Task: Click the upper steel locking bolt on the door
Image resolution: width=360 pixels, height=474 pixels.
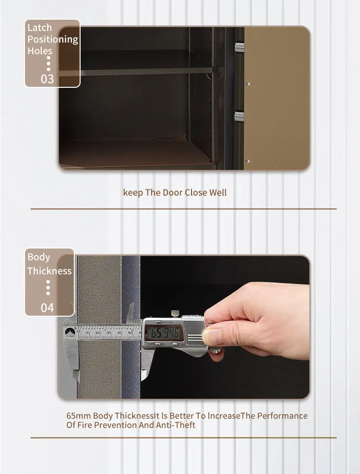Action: pos(239,47)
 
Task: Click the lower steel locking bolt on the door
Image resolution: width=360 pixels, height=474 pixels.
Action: pos(239,116)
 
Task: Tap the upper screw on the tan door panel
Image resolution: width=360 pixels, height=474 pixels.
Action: pos(248,84)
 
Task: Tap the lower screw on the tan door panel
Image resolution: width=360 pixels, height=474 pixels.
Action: pos(248,161)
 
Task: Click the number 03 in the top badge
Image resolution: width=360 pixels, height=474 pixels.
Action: pos(47,79)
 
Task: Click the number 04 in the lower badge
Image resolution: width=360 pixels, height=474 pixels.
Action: pos(47,308)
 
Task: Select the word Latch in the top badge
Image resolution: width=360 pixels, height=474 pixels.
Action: pos(39,27)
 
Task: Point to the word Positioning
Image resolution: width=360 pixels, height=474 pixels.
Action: pos(52,39)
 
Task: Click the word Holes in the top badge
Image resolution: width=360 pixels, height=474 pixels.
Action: pos(40,50)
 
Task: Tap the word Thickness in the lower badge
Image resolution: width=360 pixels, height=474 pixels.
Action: pos(49,271)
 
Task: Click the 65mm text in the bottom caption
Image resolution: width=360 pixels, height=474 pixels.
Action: pos(78,415)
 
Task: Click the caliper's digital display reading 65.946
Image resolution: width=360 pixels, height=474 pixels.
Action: pos(164,332)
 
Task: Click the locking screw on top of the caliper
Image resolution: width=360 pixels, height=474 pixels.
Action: pos(176,314)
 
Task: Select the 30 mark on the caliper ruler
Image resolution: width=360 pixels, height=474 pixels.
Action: pos(108,332)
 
